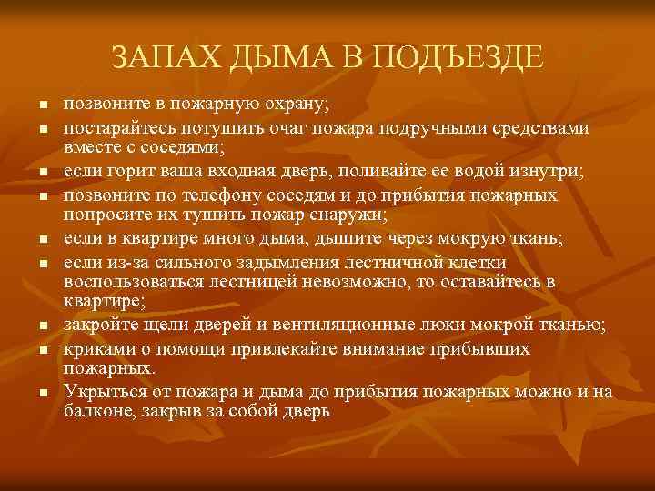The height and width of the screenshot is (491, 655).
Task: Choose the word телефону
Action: [x=217, y=194]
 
